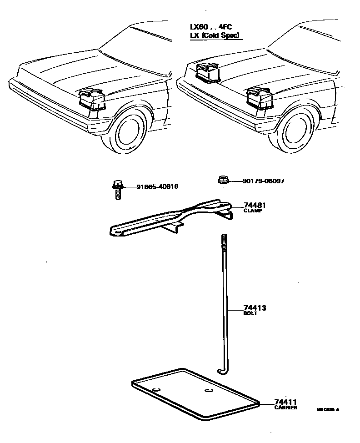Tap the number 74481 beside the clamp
coord(255,205)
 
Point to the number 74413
coord(255,308)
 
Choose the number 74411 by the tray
coord(285,402)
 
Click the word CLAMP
coord(253,211)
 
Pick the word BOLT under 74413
coord(250,314)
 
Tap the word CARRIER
coord(285,408)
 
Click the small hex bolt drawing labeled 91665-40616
coord(117,189)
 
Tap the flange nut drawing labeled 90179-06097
coord(222,181)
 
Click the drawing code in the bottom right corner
coord(328,409)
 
